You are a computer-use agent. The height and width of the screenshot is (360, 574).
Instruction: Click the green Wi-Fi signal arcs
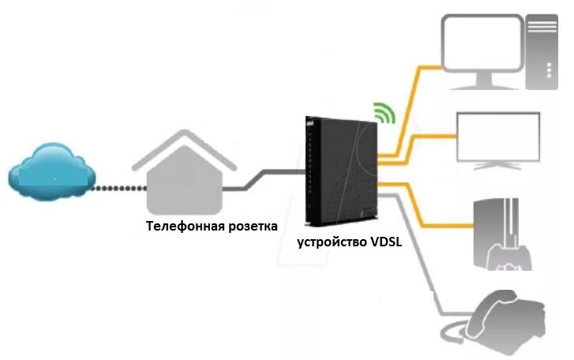[384, 113]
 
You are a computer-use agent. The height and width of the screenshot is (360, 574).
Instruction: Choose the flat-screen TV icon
[497, 139]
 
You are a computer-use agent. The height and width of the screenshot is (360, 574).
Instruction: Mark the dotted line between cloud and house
[115, 187]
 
